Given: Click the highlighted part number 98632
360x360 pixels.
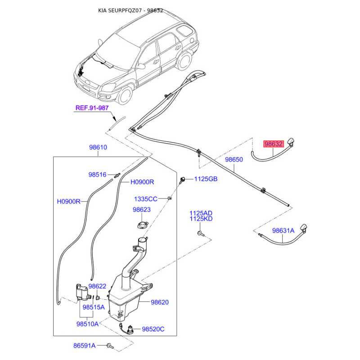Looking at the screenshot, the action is pyautogui.click(x=274, y=144).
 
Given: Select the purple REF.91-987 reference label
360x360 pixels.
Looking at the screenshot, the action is pyautogui.click(x=92, y=108).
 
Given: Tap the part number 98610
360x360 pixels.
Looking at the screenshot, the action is pyautogui.click(x=98, y=147).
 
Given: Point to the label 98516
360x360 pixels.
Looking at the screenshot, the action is pyautogui.click(x=97, y=175).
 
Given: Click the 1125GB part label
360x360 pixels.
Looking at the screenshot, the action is pyautogui.click(x=206, y=179).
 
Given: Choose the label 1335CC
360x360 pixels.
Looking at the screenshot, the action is pyautogui.click(x=146, y=199).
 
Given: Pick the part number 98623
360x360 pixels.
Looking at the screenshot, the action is pyautogui.click(x=142, y=210).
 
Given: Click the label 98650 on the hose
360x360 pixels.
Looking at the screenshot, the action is pyautogui.click(x=234, y=159).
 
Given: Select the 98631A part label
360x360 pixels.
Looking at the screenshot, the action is pyautogui.click(x=283, y=230).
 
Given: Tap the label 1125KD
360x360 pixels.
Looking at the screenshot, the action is pyautogui.click(x=201, y=219).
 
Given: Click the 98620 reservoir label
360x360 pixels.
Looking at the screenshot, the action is pyautogui.click(x=160, y=302).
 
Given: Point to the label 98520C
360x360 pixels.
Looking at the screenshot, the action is pyautogui.click(x=153, y=329).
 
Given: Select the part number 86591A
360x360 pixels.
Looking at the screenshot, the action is pyautogui.click(x=85, y=346).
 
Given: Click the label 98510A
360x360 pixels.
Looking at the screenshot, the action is pyautogui.click(x=87, y=324).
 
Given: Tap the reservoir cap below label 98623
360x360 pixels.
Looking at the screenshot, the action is pyautogui.click(x=143, y=225).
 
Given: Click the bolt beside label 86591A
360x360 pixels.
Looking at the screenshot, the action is pyautogui.click(x=110, y=346).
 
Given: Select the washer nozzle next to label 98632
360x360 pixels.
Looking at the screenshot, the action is pyautogui.click(x=290, y=142).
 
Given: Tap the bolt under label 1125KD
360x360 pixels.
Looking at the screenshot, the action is pyautogui.click(x=200, y=234).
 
